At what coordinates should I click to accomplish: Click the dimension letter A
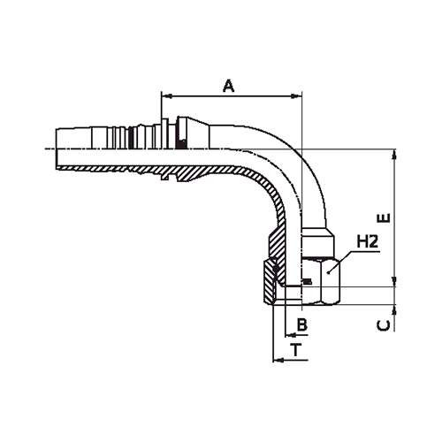pos(228,86)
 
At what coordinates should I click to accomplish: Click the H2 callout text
pos(369,240)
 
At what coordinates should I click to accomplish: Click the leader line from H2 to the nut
pos(345,257)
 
